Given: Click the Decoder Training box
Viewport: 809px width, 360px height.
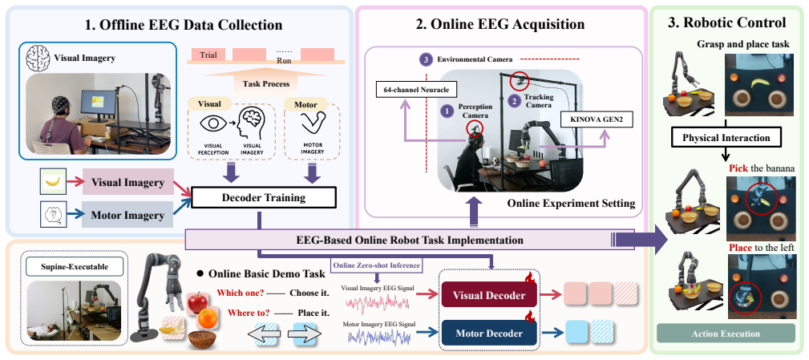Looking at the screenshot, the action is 264,197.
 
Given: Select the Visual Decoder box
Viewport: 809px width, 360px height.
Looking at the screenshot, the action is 489,296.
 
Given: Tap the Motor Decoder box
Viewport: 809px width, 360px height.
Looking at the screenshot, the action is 489,334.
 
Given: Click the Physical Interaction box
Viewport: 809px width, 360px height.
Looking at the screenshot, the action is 726,138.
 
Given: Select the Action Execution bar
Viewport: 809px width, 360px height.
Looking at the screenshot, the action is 726,334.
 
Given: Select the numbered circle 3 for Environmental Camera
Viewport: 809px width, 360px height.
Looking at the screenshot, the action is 425,60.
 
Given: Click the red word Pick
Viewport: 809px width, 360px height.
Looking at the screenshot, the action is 738,168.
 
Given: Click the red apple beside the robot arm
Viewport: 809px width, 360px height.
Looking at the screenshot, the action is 197,302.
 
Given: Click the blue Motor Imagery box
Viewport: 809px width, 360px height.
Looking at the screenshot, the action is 127,216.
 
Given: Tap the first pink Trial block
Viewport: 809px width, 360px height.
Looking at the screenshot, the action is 208,55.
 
